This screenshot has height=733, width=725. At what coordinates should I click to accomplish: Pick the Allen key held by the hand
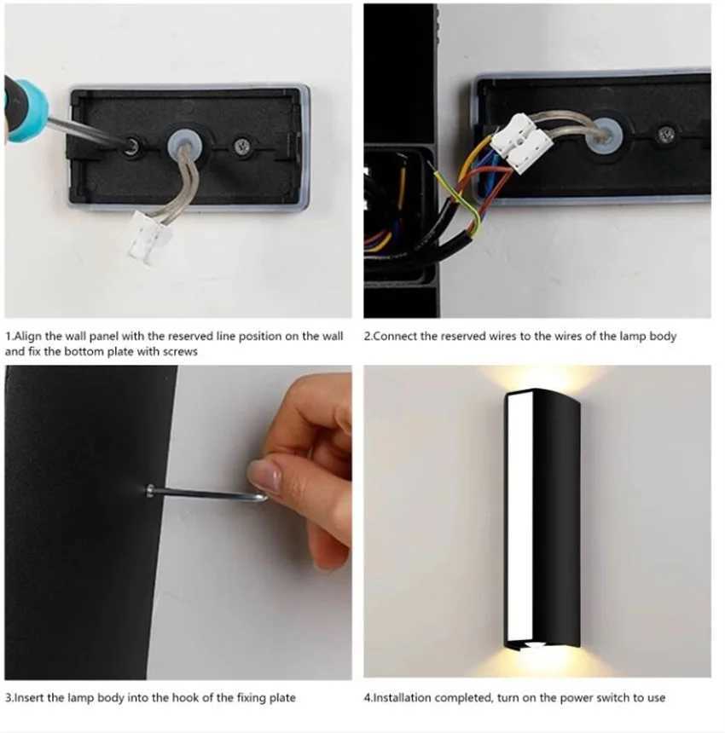coord(205,493)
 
